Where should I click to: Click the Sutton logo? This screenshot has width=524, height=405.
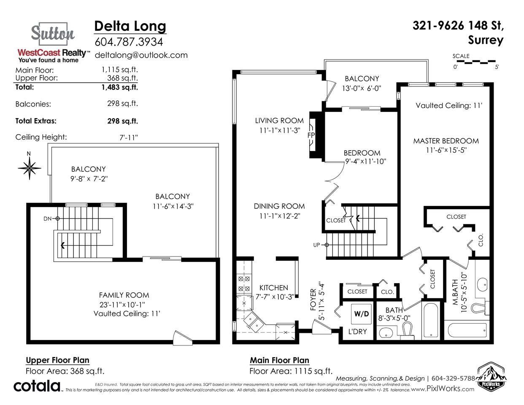pos(53,34)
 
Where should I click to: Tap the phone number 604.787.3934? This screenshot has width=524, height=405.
pos(129,42)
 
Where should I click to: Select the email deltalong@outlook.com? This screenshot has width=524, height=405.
pos(141,55)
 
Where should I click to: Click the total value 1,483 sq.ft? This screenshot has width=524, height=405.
pos(119,87)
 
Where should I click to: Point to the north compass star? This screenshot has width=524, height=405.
pos(30,168)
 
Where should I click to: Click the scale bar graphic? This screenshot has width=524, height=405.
pos(476,62)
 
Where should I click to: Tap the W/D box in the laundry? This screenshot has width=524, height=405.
pos(362,314)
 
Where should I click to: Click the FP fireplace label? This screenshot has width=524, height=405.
pos(311,135)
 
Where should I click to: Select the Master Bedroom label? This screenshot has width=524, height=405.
pos(446,141)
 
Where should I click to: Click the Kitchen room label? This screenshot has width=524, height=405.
pos(273,288)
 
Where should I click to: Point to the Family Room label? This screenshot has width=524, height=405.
pos(124,295)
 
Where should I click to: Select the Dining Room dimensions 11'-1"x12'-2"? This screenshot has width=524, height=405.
pos(280,216)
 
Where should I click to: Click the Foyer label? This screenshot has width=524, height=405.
pos(313,300)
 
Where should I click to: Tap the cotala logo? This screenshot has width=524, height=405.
pos(37,386)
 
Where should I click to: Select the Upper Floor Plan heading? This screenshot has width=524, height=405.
pos(58,360)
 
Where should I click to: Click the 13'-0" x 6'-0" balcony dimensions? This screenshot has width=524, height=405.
pos(362,89)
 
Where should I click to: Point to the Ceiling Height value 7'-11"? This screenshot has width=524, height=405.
pos(129,138)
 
